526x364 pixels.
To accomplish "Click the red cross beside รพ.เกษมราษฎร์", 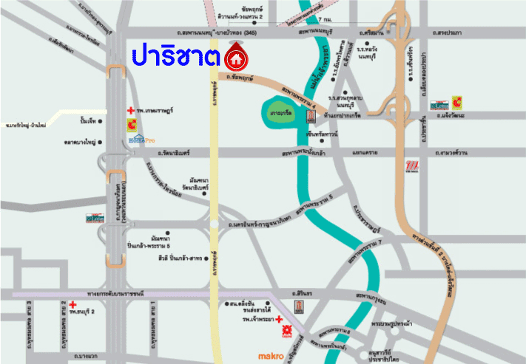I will (x=130, y=110).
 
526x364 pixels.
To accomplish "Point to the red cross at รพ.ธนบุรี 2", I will (x=73, y=304).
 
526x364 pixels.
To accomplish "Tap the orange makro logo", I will (x=271, y=356).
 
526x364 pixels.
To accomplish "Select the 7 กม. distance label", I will (x=323, y=18).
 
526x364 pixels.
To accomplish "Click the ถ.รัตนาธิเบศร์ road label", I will (x=173, y=153).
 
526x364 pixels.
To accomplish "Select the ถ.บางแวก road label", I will (x=86, y=357).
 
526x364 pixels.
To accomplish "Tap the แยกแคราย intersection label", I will (x=365, y=153).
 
